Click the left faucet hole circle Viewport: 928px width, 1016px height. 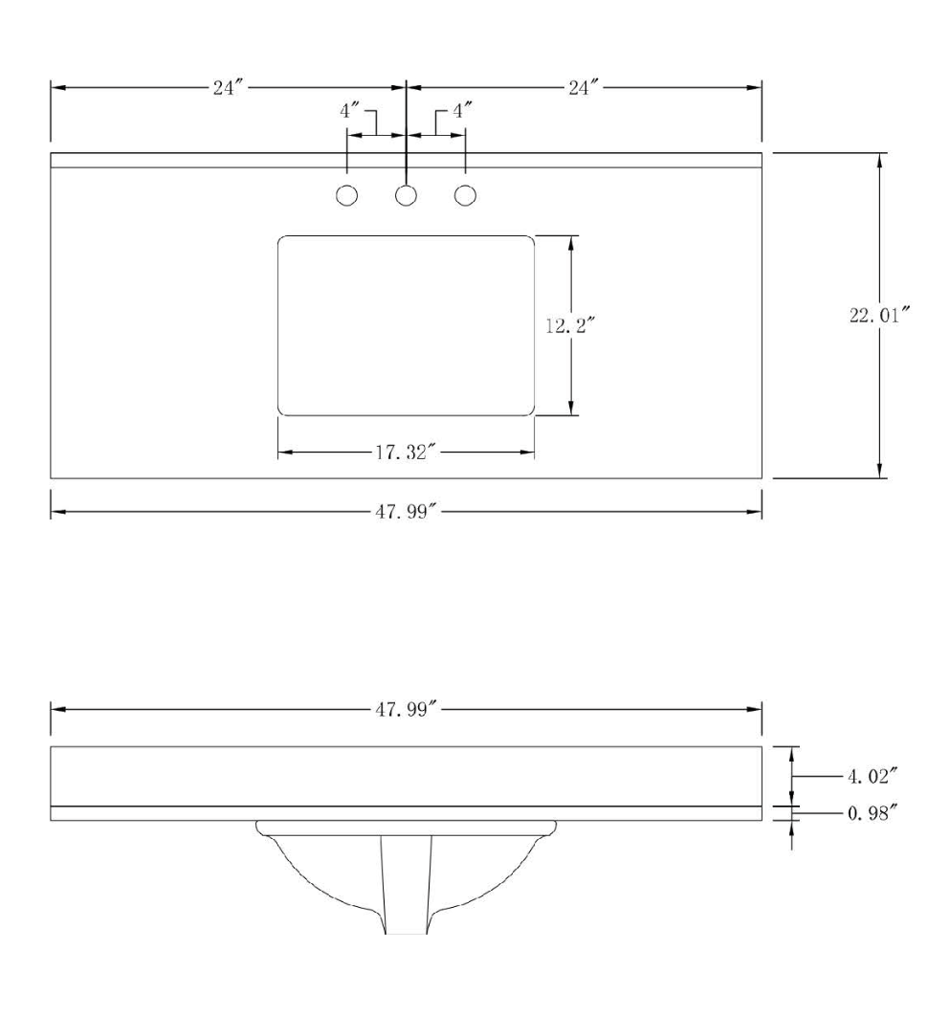click(347, 196)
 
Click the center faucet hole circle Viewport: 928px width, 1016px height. click(407, 196)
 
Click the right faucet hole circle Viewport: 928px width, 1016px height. click(466, 196)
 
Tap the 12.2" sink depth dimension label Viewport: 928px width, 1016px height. click(570, 324)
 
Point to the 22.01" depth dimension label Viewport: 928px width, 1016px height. click(879, 317)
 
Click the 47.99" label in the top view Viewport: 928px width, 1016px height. click(406, 512)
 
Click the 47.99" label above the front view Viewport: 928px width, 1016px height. click(406, 710)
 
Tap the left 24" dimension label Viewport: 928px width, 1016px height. click(230, 88)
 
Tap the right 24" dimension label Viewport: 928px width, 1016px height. click(583, 88)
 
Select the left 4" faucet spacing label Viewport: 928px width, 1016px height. click(349, 111)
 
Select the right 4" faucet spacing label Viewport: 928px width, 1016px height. click(462, 111)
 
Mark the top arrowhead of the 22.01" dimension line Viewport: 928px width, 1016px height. click(879, 161)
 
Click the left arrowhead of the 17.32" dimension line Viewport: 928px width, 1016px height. click(285, 453)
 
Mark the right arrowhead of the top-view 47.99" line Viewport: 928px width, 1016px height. click(755, 512)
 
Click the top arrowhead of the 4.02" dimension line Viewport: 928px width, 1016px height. click(790, 753)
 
